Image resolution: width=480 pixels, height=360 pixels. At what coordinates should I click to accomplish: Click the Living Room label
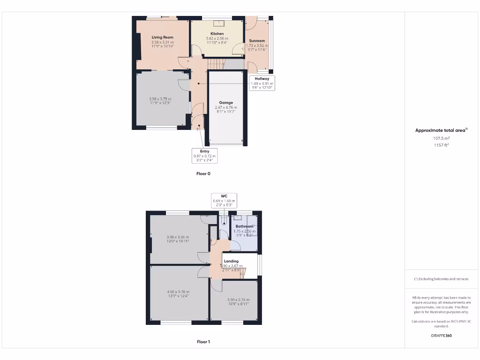click(162, 37)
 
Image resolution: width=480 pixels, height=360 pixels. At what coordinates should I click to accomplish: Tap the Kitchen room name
click(217, 34)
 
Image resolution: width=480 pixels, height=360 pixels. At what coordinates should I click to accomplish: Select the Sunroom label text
click(257, 41)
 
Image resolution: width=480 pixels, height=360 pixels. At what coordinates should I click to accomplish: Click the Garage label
click(226, 103)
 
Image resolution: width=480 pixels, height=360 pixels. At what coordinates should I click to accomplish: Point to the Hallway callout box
click(262, 83)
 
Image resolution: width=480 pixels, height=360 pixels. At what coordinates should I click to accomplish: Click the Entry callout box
click(205, 156)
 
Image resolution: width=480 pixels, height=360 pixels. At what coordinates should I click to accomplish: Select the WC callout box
click(224, 200)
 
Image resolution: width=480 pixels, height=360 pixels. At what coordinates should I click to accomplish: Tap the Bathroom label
click(244, 226)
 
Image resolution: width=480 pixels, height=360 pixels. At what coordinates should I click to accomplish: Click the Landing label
click(231, 261)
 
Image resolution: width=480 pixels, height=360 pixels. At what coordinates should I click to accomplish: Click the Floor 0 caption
click(203, 173)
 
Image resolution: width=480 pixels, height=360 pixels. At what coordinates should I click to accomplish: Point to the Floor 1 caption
click(203, 342)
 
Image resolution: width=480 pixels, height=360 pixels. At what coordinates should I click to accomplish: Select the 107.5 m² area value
click(441, 138)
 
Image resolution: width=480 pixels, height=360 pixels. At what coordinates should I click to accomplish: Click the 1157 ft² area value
click(441, 145)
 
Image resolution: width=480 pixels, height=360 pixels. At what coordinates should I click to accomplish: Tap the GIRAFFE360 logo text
click(441, 336)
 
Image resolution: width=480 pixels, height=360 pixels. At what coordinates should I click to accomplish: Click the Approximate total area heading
click(441, 130)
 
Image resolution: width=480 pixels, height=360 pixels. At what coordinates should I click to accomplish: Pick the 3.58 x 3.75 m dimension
click(160, 99)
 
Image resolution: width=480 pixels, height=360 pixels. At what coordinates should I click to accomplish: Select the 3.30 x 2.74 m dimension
click(238, 300)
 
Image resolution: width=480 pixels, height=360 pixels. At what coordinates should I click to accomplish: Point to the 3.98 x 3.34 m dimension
click(178, 237)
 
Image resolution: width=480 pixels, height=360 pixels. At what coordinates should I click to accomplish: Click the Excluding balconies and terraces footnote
click(441, 279)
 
